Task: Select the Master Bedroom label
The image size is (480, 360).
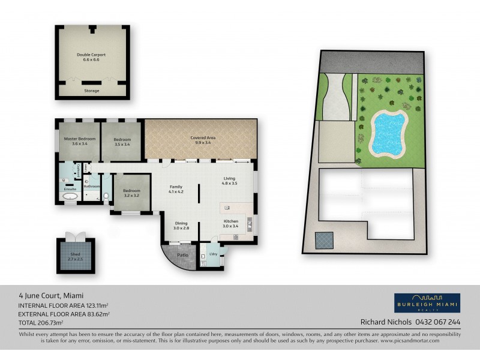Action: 79,142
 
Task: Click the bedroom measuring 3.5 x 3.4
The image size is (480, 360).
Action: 122,142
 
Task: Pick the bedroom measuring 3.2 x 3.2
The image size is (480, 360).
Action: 131,193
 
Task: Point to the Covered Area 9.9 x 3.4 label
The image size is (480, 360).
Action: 203,140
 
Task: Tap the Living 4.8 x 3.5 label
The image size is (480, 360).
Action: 230,180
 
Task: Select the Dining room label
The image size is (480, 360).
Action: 181,226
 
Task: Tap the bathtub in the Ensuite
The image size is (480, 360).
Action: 70,196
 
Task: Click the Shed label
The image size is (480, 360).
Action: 76,256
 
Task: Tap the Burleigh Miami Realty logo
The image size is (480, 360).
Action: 427,302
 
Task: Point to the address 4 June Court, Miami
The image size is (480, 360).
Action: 50,295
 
